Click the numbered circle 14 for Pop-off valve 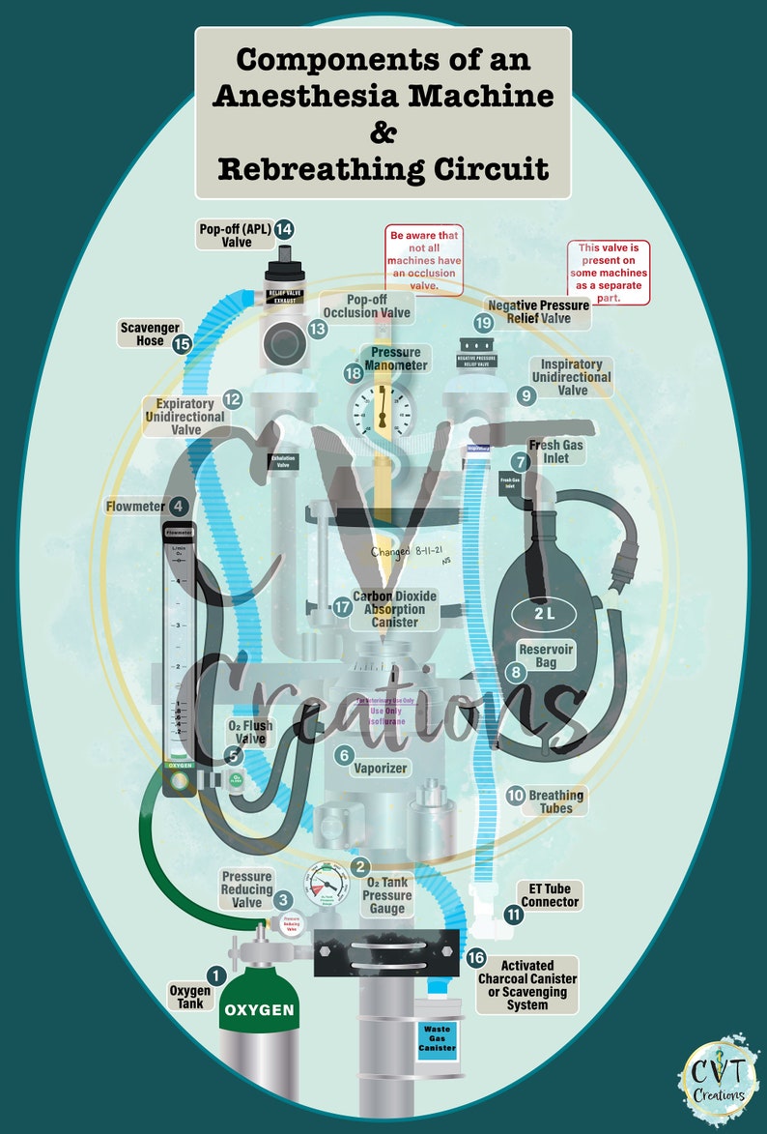pos(283,229)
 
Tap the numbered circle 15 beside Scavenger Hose pos(182,342)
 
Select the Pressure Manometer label pos(393,359)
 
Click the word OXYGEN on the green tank pos(259,1010)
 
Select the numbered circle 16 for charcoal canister pos(475,958)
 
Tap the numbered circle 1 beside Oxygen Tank pos(216,977)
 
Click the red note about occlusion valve pos(426,260)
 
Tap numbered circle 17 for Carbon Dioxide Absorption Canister pos(342,607)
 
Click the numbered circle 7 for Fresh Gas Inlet pos(521,463)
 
